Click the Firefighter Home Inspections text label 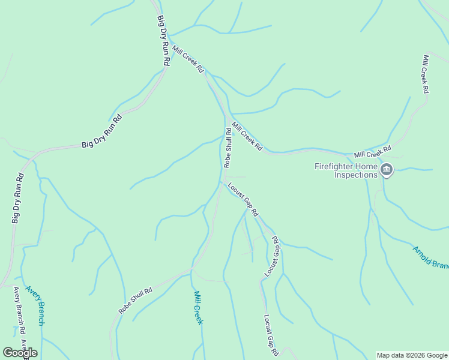[x=346, y=170]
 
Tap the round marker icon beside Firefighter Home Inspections [x=387, y=171]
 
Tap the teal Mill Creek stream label [x=198, y=307]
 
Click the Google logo [x=20, y=353]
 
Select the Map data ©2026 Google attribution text [x=412, y=355]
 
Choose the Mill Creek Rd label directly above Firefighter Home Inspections [x=372, y=151]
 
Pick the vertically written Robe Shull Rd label [x=228, y=147]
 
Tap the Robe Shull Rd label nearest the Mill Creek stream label [x=136, y=300]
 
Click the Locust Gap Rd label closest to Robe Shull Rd [x=243, y=200]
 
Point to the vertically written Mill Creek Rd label [x=425, y=74]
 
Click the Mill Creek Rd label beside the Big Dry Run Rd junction [x=188, y=59]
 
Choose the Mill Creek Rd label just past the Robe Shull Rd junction [x=247, y=136]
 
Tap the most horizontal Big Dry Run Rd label [x=101, y=131]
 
